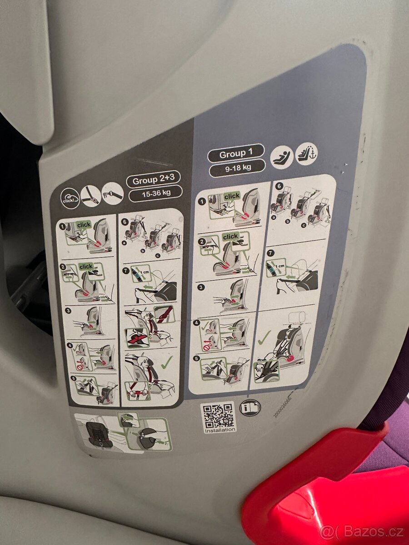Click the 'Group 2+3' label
155,180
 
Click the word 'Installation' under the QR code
220,429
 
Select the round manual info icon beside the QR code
250,407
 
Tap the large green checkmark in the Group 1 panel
264,337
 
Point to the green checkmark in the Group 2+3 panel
167,362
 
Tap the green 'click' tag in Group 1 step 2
230,237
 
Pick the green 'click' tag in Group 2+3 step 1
84,225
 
